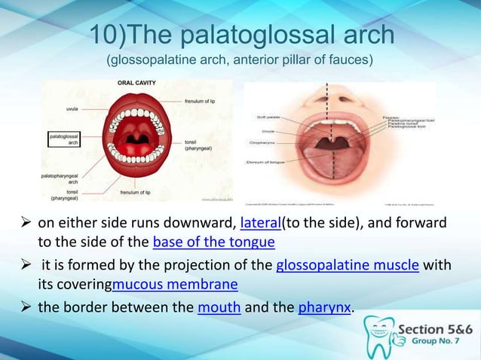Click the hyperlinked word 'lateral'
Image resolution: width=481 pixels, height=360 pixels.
click(259, 224)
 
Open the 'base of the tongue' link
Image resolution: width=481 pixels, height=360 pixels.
click(213, 242)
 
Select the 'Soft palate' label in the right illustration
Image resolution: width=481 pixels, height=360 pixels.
click(267, 117)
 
